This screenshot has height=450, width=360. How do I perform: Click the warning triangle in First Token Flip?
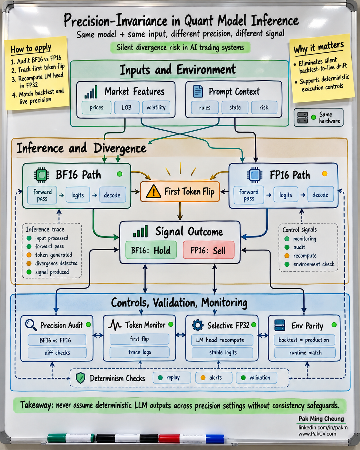point(153,191)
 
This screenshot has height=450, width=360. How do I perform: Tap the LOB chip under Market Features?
point(127,108)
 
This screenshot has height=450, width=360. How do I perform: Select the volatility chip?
point(156,108)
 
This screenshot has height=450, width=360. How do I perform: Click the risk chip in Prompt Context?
point(264,108)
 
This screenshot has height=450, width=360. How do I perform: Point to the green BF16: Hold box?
point(151,250)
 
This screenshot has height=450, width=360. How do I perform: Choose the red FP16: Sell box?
point(209,250)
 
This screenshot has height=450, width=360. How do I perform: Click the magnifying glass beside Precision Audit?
point(31,325)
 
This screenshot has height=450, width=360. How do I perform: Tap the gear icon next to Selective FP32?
point(198,325)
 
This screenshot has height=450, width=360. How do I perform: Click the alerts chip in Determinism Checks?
point(214,378)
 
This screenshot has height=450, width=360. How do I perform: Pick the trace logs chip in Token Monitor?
point(140,352)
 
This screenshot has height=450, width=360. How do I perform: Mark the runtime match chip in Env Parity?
point(305,352)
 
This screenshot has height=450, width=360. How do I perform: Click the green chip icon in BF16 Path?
point(41,175)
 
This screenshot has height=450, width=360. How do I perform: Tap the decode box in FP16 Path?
point(320,195)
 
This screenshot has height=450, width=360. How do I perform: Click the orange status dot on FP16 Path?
point(325,174)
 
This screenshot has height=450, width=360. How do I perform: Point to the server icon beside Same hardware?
point(303,117)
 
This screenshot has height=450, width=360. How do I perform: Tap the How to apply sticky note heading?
point(31,49)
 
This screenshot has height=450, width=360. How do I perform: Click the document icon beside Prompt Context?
point(198,91)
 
